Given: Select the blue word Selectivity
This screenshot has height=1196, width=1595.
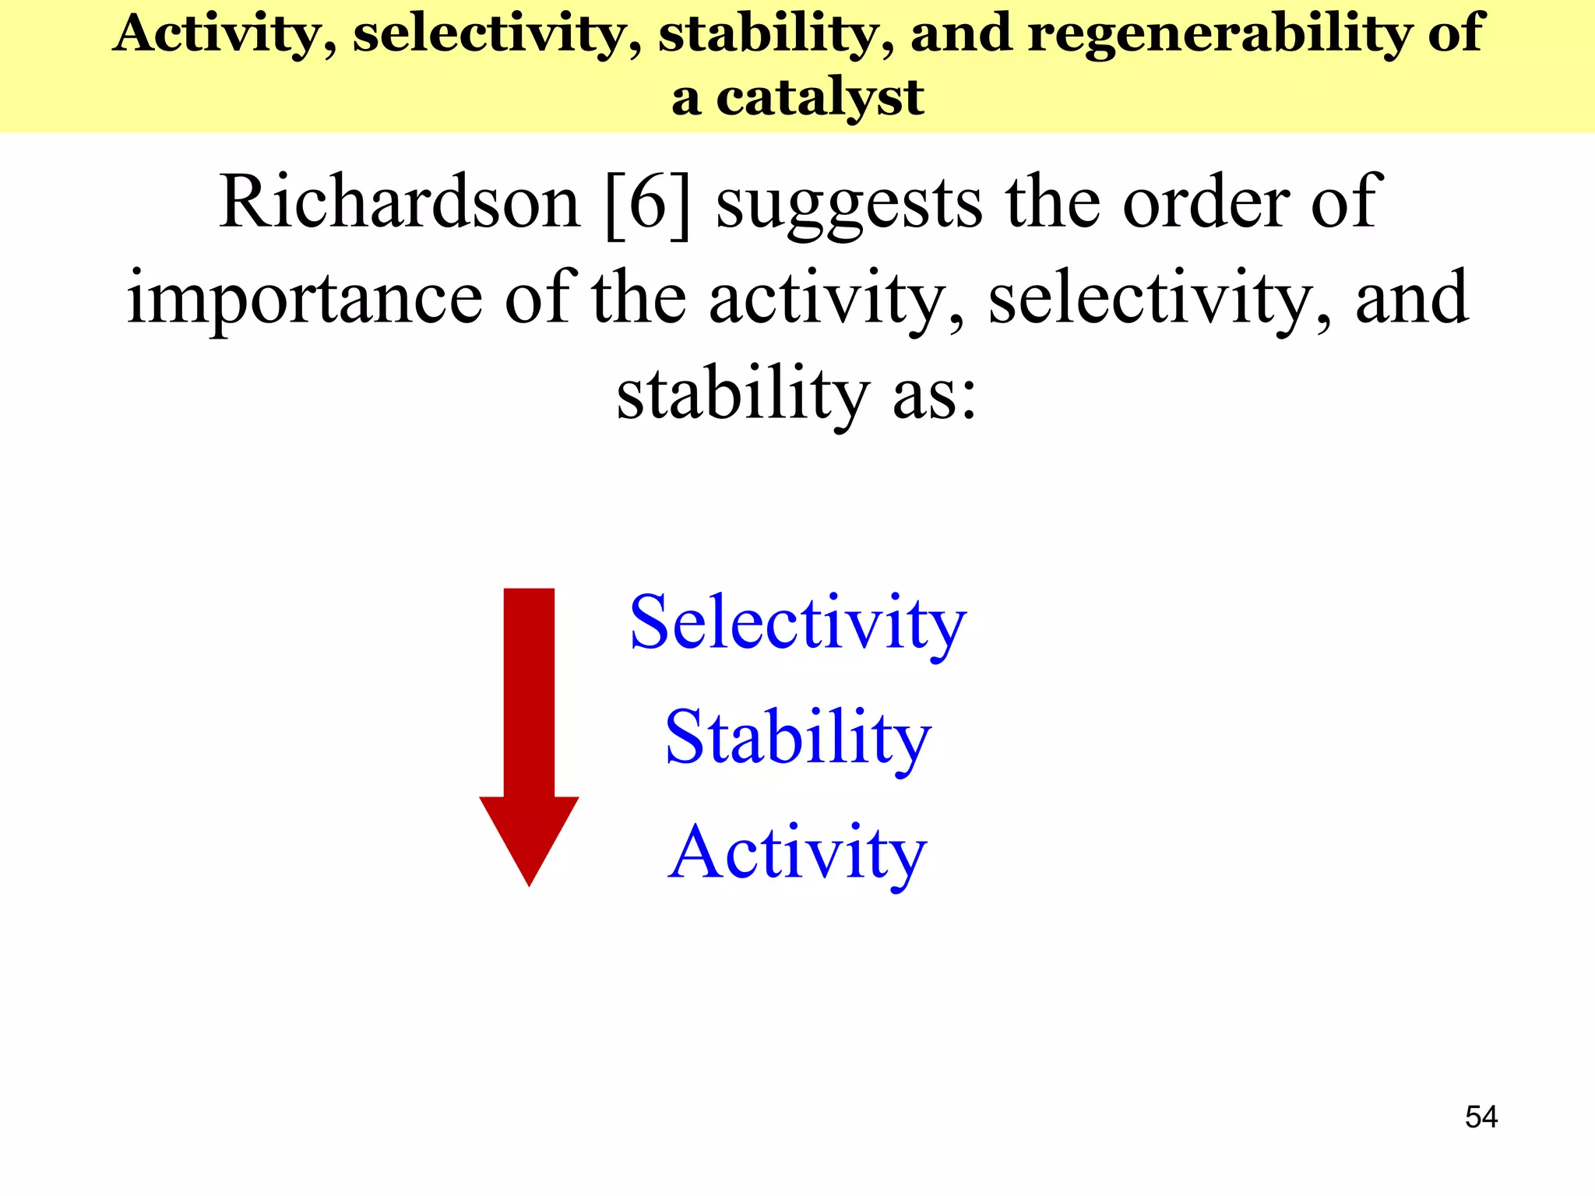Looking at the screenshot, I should point(797,624).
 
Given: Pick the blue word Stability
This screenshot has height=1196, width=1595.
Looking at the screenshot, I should point(797,739).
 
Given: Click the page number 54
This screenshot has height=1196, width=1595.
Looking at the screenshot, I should point(1481,1117).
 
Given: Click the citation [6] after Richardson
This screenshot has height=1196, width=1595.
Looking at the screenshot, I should point(647,202).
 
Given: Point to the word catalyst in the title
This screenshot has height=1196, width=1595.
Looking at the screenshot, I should point(820,99).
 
